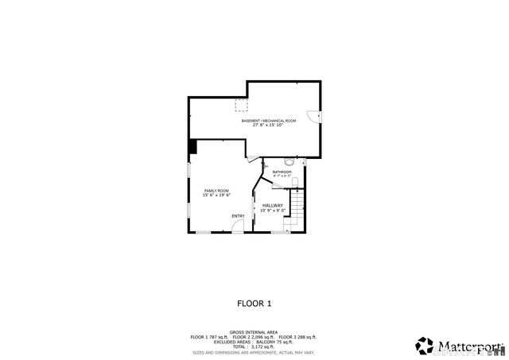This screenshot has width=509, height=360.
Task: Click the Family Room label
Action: tap(216, 191)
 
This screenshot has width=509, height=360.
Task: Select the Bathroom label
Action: tap(282, 172)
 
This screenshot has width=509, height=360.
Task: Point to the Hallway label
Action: tap(272, 205)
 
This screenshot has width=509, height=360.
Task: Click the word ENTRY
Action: tap(238, 216)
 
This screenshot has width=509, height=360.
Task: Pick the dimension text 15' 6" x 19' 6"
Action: tap(216, 195)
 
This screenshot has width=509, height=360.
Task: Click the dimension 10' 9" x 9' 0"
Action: tap(272, 211)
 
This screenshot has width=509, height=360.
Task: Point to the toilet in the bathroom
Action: tap(295, 184)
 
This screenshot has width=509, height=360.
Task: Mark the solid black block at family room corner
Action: tap(192, 147)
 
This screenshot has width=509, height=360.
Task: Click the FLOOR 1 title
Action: tap(254, 303)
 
